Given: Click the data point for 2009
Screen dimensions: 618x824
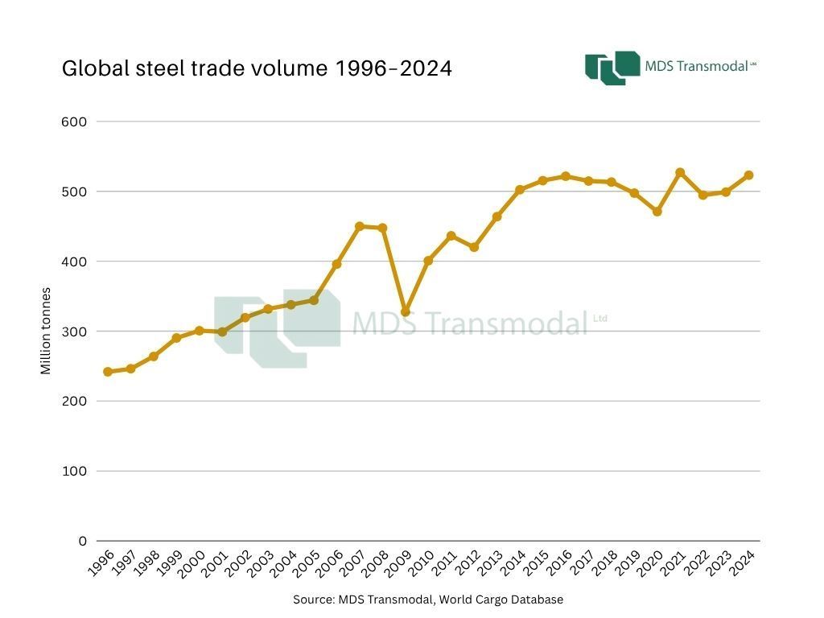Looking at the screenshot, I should point(406,312).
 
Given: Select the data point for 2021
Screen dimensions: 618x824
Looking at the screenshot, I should point(680,173).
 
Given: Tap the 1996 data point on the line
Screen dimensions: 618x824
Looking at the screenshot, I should point(108,372).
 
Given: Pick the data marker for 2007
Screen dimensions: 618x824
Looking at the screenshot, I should point(360,227).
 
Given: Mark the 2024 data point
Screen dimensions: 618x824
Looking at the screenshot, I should point(748,175).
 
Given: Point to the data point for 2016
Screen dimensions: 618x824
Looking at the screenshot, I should point(566,176).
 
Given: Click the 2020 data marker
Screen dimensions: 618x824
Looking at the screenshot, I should point(657,212).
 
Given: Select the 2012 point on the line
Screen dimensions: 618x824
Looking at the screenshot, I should point(474,247).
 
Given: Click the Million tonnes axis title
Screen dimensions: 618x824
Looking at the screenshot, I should point(46,331).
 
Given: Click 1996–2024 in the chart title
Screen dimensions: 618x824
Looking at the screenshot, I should point(393,68).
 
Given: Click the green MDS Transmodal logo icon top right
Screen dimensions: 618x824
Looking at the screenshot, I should point(612,68).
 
